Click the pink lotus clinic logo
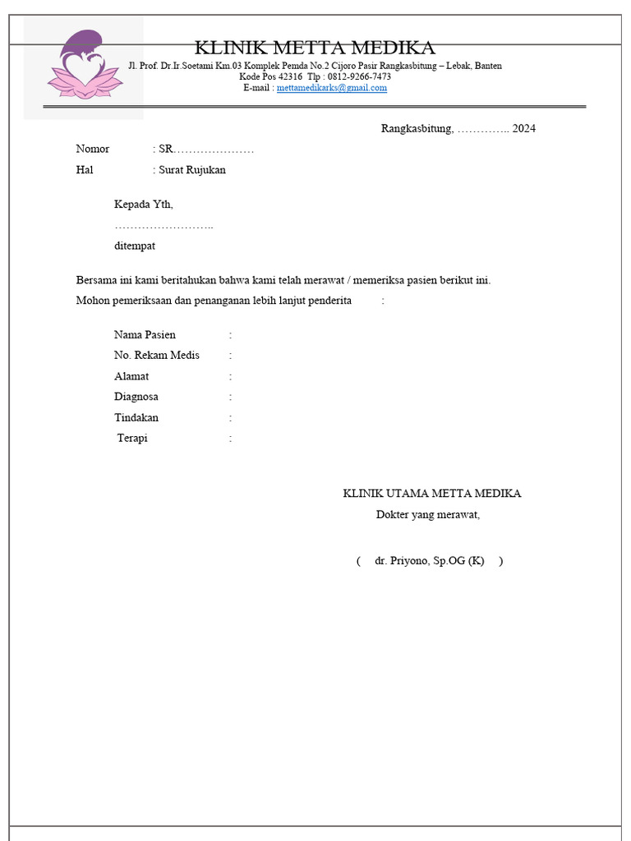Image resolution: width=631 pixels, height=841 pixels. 83,66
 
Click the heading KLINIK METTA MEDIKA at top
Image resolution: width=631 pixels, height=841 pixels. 315,48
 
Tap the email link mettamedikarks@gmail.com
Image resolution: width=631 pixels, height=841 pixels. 332,88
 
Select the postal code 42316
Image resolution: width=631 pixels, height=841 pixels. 290,76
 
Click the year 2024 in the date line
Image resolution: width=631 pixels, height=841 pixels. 523,129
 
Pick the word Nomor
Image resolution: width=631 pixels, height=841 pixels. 93,149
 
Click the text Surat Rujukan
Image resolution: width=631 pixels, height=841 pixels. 192,170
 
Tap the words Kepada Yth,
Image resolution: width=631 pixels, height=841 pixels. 144,205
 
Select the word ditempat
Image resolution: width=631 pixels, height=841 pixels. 135,246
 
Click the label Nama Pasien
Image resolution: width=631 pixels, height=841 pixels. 145,335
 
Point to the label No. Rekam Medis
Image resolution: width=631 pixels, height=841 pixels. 157,356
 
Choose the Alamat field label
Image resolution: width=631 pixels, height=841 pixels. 131,376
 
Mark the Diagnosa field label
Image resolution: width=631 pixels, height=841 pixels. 136,397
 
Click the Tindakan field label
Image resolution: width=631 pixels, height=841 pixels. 136,417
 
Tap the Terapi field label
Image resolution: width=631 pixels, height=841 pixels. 132,439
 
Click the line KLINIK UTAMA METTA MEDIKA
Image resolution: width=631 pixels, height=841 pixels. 431,494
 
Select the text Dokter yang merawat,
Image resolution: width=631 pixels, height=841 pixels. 428,515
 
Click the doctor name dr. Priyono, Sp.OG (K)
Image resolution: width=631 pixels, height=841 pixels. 429,561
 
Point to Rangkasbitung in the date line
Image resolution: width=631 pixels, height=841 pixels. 416,129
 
